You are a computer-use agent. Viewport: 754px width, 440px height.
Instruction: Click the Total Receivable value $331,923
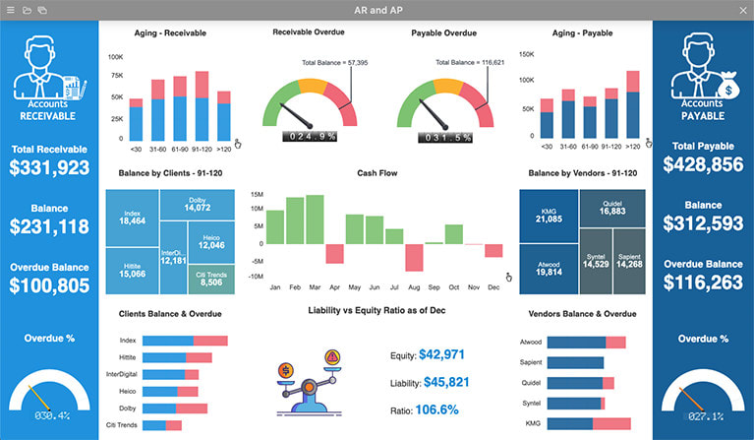[x=49, y=167]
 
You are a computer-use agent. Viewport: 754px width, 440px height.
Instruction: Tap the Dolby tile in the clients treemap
[x=197, y=204]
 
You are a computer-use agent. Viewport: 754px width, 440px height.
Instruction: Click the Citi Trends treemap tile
[x=210, y=279]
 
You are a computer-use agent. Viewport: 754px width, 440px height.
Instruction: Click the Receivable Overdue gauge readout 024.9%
[x=311, y=136]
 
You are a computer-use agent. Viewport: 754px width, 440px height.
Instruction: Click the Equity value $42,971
[x=441, y=354]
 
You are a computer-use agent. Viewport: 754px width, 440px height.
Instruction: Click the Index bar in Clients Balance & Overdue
[x=185, y=341]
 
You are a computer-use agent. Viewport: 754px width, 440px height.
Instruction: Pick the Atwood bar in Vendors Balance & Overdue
[x=586, y=342]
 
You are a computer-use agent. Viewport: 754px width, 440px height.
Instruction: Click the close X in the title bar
[x=742, y=9]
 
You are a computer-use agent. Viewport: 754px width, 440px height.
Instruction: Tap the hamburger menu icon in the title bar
[x=10, y=9]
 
